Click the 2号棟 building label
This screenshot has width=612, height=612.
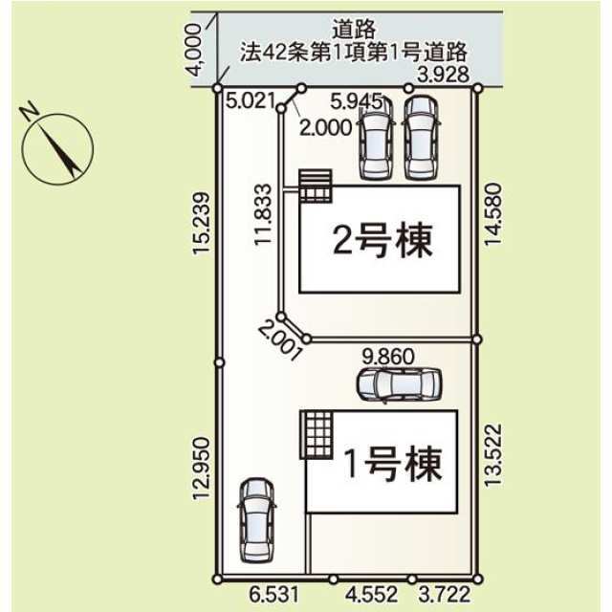382,240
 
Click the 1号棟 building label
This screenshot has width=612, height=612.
393,464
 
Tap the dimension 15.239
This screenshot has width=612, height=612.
202,224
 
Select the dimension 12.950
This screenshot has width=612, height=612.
202,468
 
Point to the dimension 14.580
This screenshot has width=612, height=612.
492,214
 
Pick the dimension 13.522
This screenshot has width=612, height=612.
492,455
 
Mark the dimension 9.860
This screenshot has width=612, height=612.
388,357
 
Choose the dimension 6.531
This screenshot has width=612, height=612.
274,595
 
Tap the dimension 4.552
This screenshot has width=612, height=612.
372,595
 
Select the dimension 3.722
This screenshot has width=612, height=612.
445,595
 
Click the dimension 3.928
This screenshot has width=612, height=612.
443,75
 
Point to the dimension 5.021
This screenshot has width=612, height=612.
251,100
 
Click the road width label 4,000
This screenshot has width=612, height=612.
194,50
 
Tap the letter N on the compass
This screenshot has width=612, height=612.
30,110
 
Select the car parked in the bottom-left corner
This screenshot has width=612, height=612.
255,520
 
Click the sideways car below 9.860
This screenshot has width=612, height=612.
399,385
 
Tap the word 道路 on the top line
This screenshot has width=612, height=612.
354,30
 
